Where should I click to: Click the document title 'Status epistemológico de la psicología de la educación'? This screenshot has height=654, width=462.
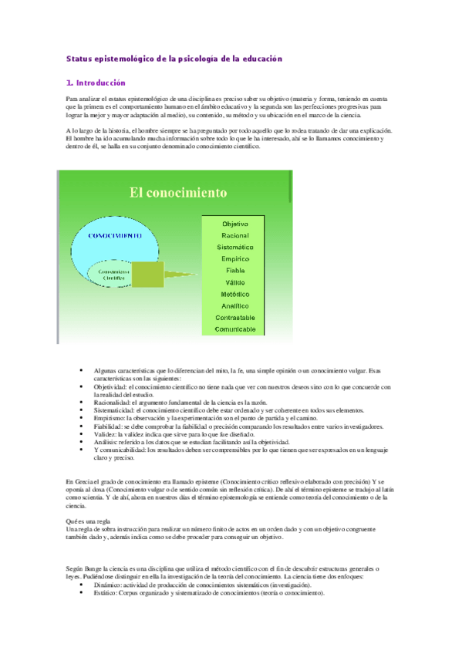[x=175, y=59]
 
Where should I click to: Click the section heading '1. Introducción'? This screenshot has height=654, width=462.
[x=96, y=83]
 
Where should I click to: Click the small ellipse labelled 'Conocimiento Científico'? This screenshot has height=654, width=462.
[x=113, y=275]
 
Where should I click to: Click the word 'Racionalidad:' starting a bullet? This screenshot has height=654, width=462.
[x=113, y=403]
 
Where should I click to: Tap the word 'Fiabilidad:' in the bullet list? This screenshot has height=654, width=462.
[x=110, y=426]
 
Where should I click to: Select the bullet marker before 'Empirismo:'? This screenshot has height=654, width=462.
[x=81, y=418]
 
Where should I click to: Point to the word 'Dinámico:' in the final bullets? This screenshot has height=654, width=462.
[x=110, y=585]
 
